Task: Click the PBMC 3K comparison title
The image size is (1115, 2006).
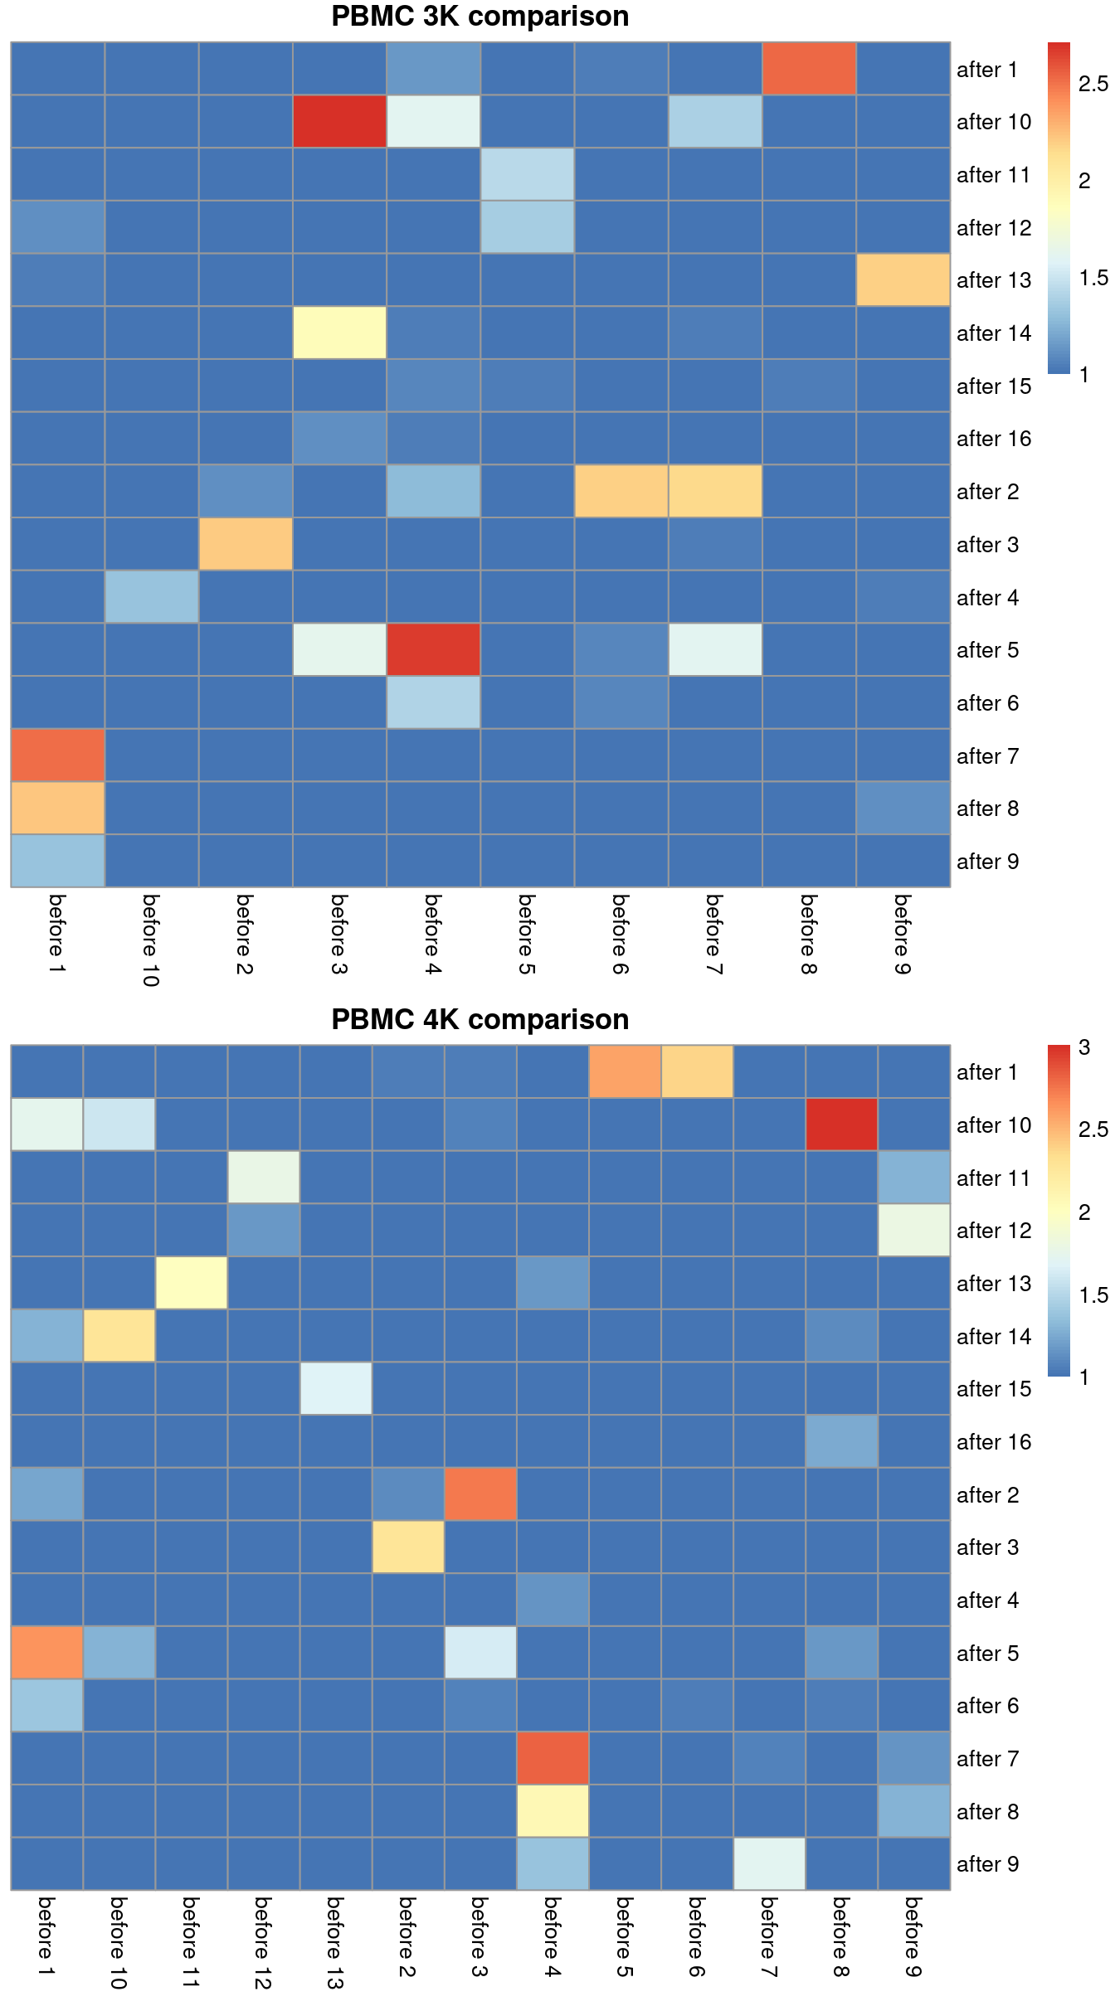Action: pyautogui.click(x=480, y=17)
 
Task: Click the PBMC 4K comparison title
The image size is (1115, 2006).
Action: pyautogui.click(x=480, y=1019)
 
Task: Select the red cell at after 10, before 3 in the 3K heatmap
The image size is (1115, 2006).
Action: pyautogui.click(x=339, y=121)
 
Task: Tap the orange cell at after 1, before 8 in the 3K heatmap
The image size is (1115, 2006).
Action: pyautogui.click(x=809, y=69)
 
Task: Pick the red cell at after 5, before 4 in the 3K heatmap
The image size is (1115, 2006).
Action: pyautogui.click(x=433, y=649)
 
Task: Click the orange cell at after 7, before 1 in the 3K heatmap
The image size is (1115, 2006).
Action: pyautogui.click(x=57, y=755)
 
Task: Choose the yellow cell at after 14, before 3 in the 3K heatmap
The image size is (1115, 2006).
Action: pyautogui.click(x=339, y=333)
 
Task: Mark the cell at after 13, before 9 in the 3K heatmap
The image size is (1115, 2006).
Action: pyautogui.click(x=903, y=279)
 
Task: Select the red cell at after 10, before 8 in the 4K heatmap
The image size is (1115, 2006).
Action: pyautogui.click(x=841, y=1124)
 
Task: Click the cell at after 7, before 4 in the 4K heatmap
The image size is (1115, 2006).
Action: pyautogui.click(x=553, y=1758)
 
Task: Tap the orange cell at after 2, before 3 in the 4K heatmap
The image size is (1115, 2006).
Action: pyautogui.click(x=480, y=1494)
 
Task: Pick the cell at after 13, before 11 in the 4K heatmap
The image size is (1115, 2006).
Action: pyautogui.click(x=192, y=1283)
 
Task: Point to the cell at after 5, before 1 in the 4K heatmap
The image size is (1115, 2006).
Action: pyautogui.click(x=46, y=1653)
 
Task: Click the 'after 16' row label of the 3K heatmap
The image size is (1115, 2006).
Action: pyautogui.click(x=993, y=439)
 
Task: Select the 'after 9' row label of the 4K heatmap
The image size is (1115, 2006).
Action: pyautogui.click(x=987, y=1864)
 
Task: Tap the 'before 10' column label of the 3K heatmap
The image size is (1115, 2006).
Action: pyautogui.click(x=151, y=940)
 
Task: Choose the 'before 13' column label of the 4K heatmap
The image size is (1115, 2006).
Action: pyautogui.click(x=335, y=1942)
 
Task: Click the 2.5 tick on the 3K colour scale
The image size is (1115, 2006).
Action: pyautogui.click(x=1093, y=84)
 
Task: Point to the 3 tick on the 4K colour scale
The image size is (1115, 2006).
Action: pyautogui.click(x=1084, y=1047)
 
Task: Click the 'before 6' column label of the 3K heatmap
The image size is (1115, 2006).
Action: pyautogui.click(x=621, y=934)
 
